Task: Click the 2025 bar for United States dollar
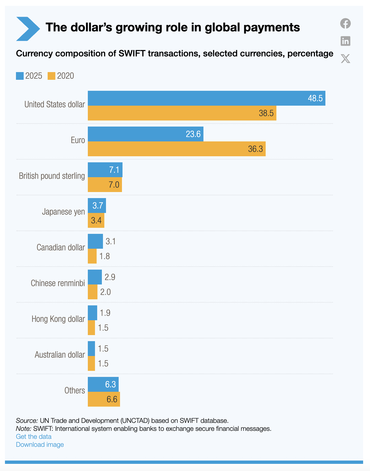click(x=206, y=98)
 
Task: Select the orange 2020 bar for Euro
click(x=176, y=149)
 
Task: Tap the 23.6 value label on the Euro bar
click(x=193, y=134)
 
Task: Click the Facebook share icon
click(x=345, y=23)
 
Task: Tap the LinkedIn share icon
click(x=345, y=41)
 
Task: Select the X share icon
click(x=345, y=59)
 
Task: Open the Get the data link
click(x=34, y=437)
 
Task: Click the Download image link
click(x=40, y=445)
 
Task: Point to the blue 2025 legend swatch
click(x=20, y=76)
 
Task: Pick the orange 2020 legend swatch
click(x=51, y=76)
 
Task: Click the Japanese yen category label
click(x=63, y=212)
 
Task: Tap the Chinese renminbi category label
click(x=58, y=283)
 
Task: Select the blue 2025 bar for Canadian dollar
click(x=95, y=241)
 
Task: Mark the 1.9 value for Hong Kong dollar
click(x=105, y=313)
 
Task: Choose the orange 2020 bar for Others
click(x=104, y=399)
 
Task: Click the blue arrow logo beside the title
click(x=28, y=29)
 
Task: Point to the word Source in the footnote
click(x=27, y=421)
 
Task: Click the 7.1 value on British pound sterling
click(x=114, y=170)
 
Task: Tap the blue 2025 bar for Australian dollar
click(x=91, y=349)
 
